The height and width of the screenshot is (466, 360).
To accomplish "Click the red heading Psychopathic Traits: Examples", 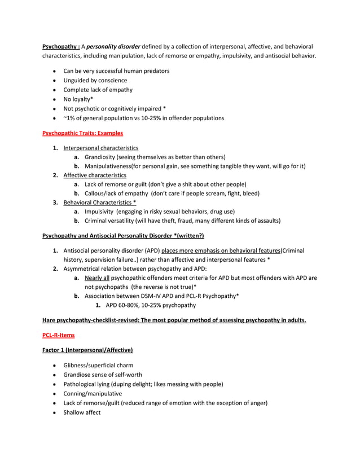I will pyautogui.click(x=82, y=133).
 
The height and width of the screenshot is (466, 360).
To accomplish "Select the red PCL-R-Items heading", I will pyautogui.click(x=58, y=335).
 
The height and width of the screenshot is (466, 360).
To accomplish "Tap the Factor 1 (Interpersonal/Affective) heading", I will pyautogui.click(x=87, y=350).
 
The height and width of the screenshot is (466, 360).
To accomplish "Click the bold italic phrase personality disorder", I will pyautogui.click(x=114, y=46).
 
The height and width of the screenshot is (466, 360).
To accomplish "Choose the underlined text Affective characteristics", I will pyautogui.click(x=95, y=175).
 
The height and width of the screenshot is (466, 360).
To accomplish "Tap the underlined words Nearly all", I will pyautogui.click(x=97, y=278).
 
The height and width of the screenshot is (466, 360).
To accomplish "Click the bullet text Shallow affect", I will pyautogui.click(x=82, y=412).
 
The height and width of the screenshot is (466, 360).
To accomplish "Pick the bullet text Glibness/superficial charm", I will pyautogui.click(x=98, y=365).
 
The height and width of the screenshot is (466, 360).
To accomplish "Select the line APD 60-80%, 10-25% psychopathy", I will pyautogui.click(x=151, y=305).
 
